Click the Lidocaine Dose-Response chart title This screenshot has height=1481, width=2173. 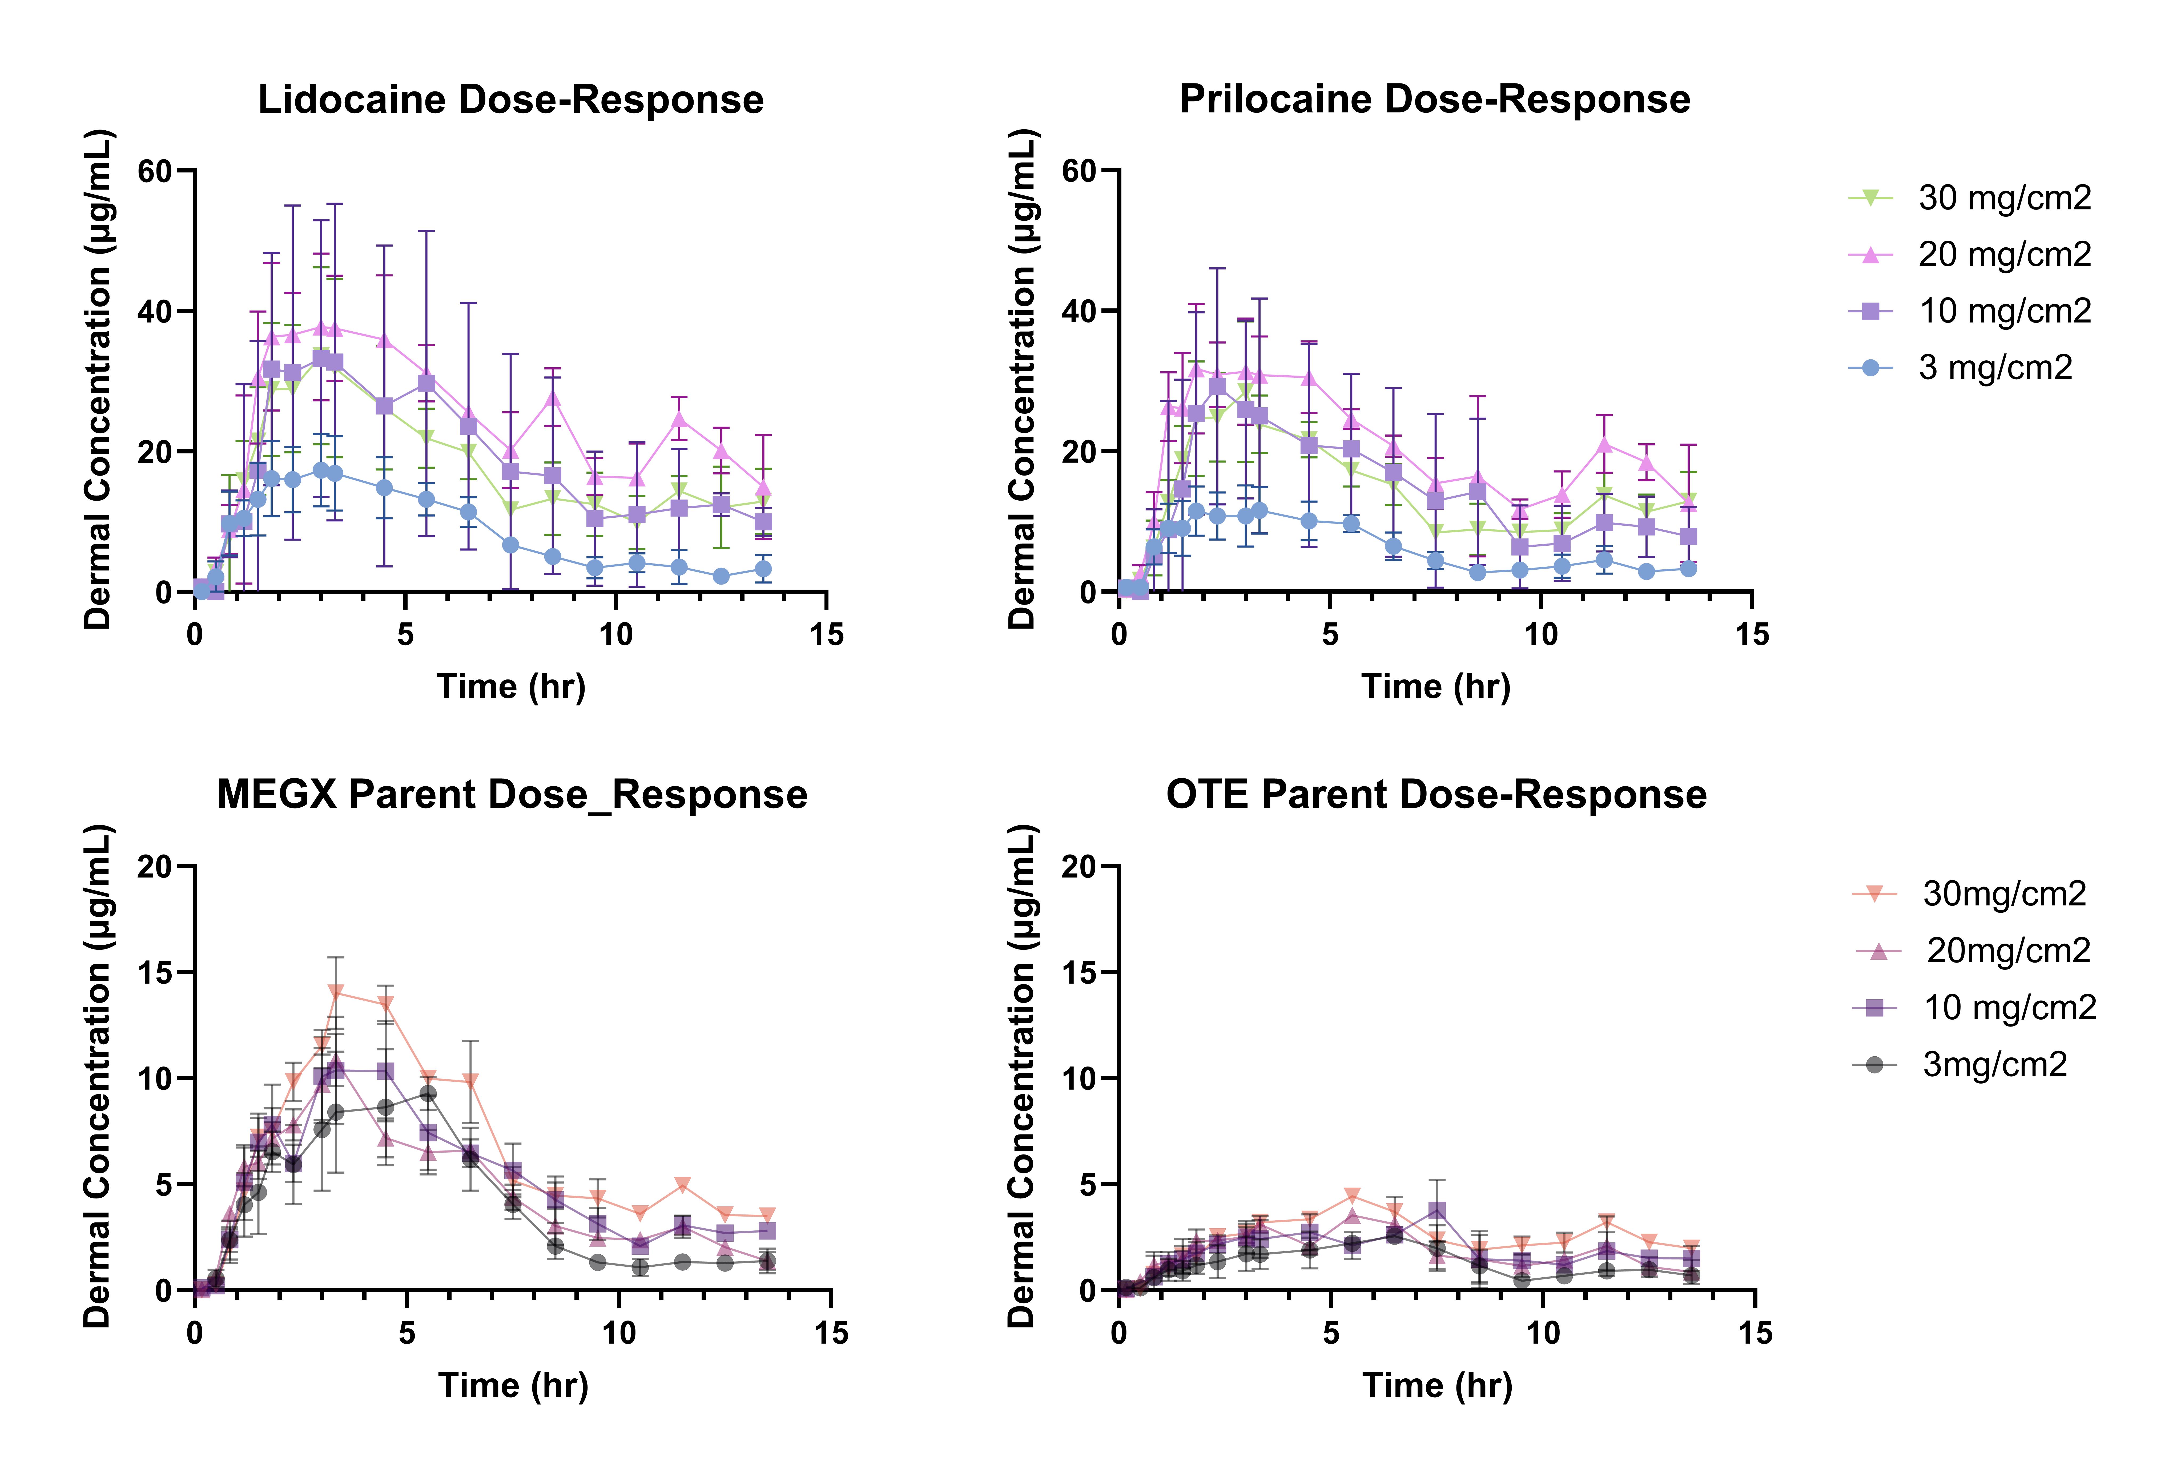click(x=510, y=99)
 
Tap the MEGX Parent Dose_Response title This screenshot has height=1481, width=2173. click(x=512, y=795)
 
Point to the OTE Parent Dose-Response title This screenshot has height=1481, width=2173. click(x=1436, y=795)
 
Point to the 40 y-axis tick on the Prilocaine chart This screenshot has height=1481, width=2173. click(x=1079, y=311)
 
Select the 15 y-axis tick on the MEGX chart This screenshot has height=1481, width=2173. click(x=155, y=972)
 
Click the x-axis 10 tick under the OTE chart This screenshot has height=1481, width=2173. click(x=1543, y=1332)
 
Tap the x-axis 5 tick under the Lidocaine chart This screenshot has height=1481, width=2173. click(x=405, y=635)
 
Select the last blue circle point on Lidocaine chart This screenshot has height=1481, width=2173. click(x=763, y=569)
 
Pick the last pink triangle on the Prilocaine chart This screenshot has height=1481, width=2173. click(x=1688, y=498)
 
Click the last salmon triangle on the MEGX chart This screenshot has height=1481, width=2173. click(x=767, y=1216)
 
